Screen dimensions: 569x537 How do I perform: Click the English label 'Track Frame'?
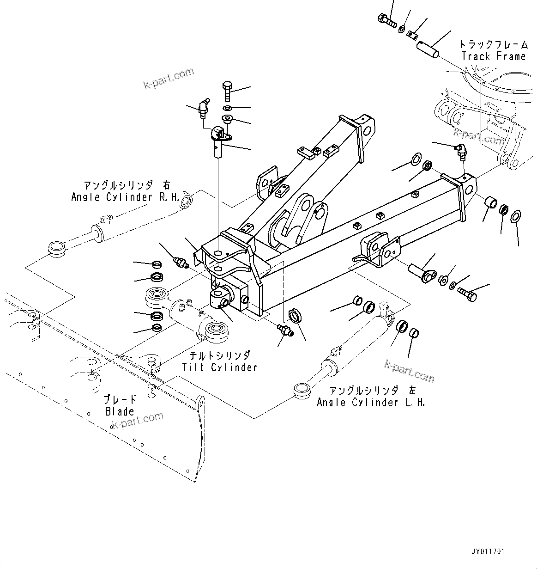click(x=493, y=56)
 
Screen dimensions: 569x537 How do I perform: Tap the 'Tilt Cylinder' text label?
click(x=219, y=367)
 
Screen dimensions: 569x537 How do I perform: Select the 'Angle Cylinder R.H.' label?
click(x=125, y=197)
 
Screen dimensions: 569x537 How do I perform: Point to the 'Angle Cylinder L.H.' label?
click(x=371, y=403)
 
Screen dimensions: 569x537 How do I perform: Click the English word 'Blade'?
click(x=120, y=411)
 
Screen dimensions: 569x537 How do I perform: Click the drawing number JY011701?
click(x=488, y=551)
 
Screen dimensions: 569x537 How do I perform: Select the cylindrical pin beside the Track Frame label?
click(x=428, y=49)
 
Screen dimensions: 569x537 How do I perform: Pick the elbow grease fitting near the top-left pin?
click(x=202, y=107)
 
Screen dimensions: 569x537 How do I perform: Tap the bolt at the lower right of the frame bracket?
click(x=467, y=294)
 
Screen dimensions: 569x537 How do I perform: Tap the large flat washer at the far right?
click(x=516, y=215)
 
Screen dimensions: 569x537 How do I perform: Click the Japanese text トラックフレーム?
click(x=493, y=44)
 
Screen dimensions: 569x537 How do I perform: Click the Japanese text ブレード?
click(x=120, y=399)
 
